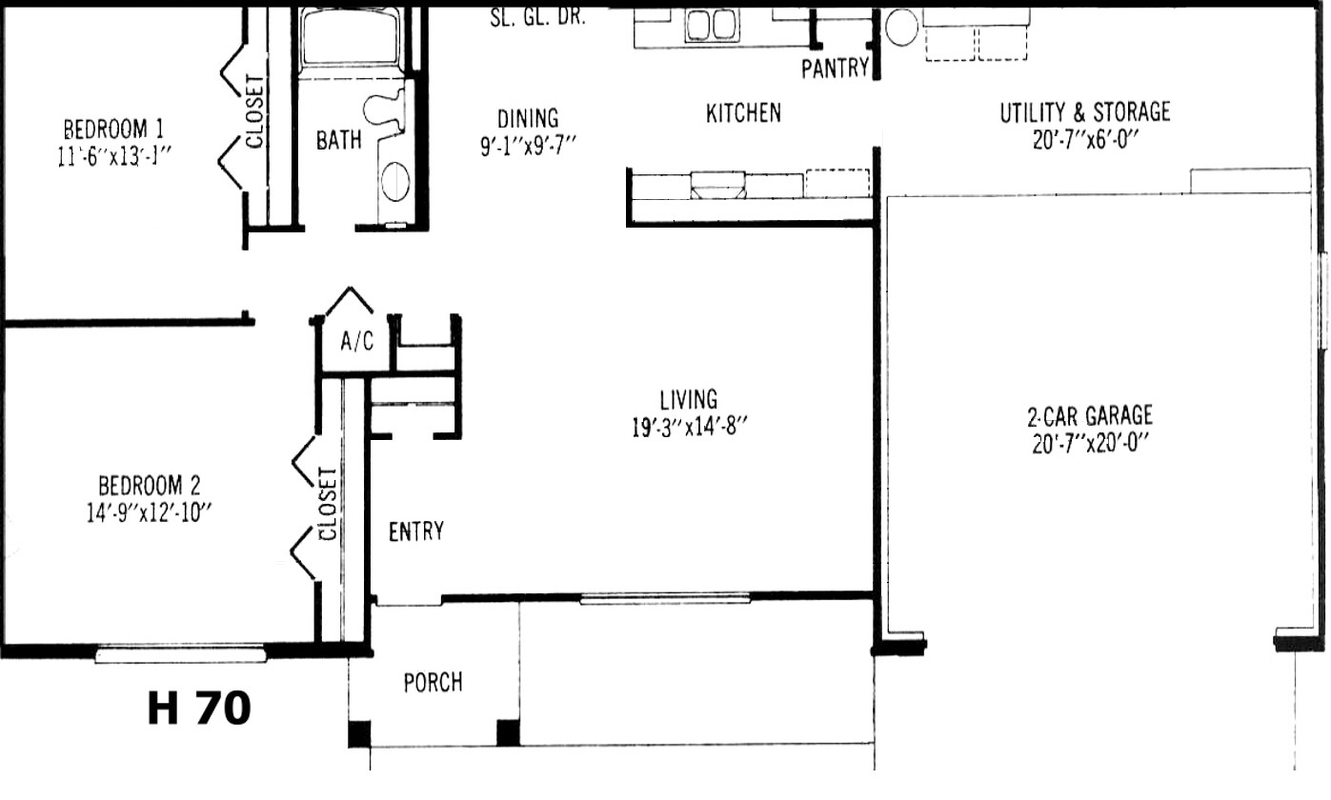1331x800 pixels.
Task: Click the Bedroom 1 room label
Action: pos(113,130)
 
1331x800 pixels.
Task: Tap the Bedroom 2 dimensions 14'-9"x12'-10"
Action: pos(150,512)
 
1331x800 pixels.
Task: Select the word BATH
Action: pos(338,140)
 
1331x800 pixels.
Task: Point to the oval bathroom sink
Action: pos(395,181)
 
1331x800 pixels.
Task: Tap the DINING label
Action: pos(528,118)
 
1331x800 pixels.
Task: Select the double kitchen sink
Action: pos(712,26)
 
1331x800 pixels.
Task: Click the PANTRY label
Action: pos(835,69)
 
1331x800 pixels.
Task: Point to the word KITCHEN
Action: pos(743,113)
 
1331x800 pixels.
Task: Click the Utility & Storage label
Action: pos(1085,112)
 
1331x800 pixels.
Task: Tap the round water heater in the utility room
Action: pos(901,28)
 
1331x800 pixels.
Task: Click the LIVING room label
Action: pos(689,400)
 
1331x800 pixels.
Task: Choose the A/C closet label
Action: pos(357,342)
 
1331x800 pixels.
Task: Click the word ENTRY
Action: pos(416,531)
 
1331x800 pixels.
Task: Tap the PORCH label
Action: pos(433,683)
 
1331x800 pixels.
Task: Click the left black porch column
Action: pos(359,733)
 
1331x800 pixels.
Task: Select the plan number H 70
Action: pos(199,709)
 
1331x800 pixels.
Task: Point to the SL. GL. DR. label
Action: pos(537,18)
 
